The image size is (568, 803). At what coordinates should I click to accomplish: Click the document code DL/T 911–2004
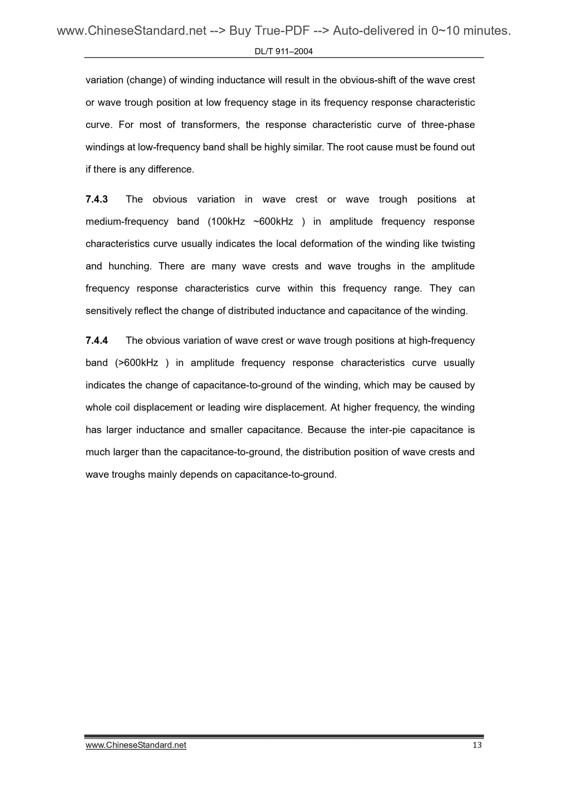click(x=283, y=51)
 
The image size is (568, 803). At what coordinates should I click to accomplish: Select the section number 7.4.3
click(x=97, y=200)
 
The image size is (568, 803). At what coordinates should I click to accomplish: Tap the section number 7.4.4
click(x=97, y=341)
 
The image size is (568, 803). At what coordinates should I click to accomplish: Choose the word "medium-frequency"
click(x=127, y=222)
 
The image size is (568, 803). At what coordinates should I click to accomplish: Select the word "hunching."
click(x=130, y=266)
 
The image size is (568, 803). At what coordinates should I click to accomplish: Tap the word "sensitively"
click(x=108, y=311)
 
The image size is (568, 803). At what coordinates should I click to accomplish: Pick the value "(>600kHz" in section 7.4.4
click(x=137, y=363)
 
